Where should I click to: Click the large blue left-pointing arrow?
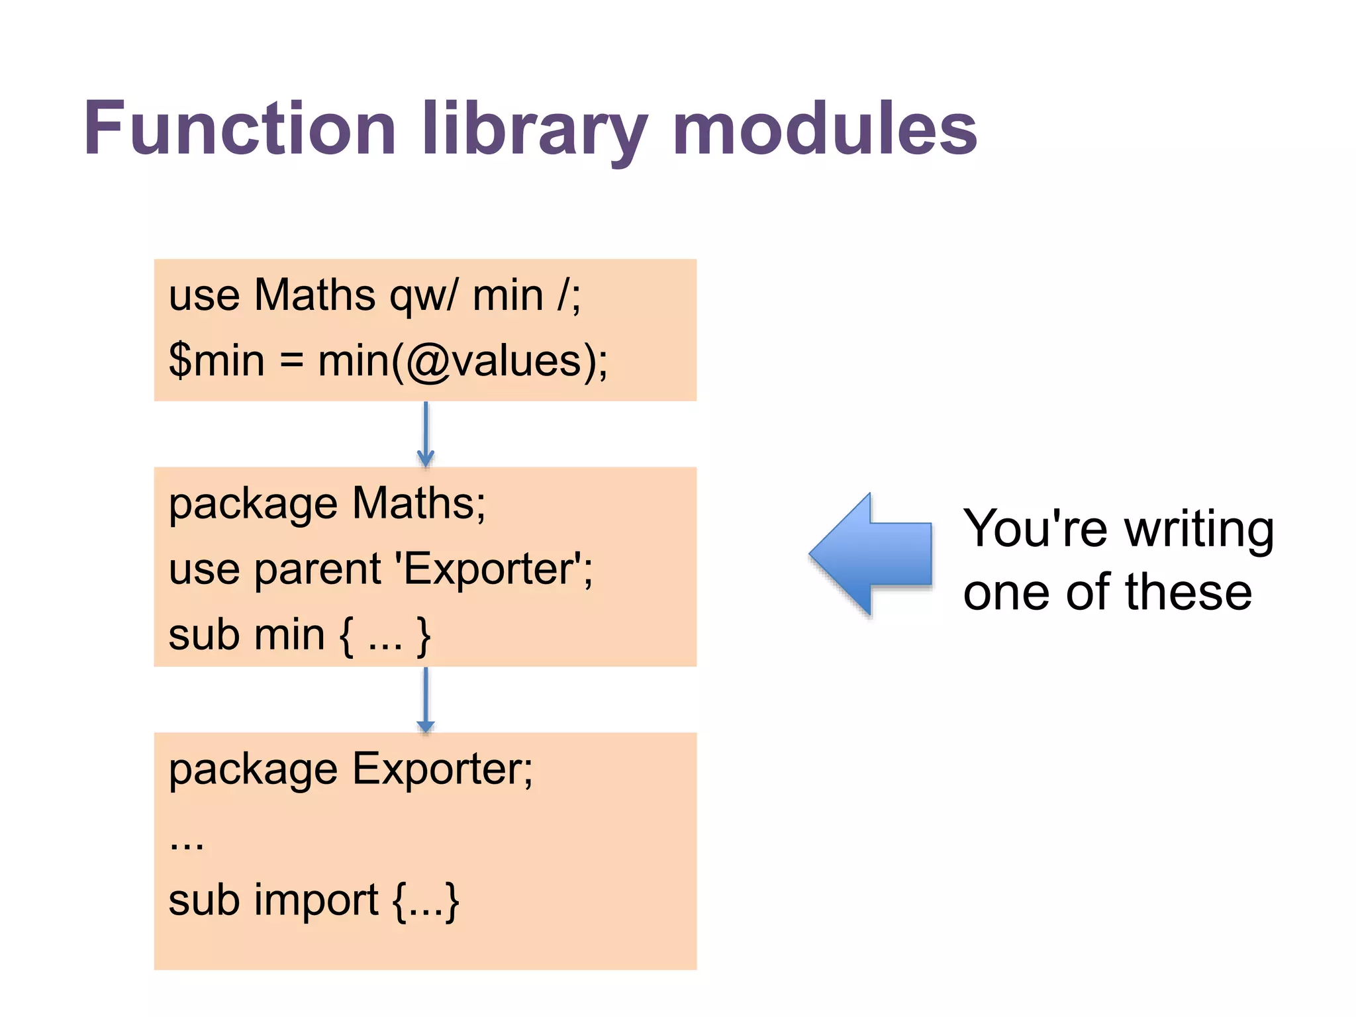[x=871, y=554]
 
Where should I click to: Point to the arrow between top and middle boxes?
[x=426, y=434]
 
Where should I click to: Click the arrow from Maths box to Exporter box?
[x=426, y=699]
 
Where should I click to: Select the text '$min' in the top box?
[x=217, y=361]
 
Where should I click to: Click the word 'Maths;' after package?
[x=418, y=503]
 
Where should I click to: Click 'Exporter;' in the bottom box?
[x=442, y=769]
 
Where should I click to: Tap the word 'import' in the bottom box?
[x=316, y=901]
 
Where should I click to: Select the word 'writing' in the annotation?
[x=1199, y=530]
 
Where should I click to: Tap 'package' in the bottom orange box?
[x=253, y=771]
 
